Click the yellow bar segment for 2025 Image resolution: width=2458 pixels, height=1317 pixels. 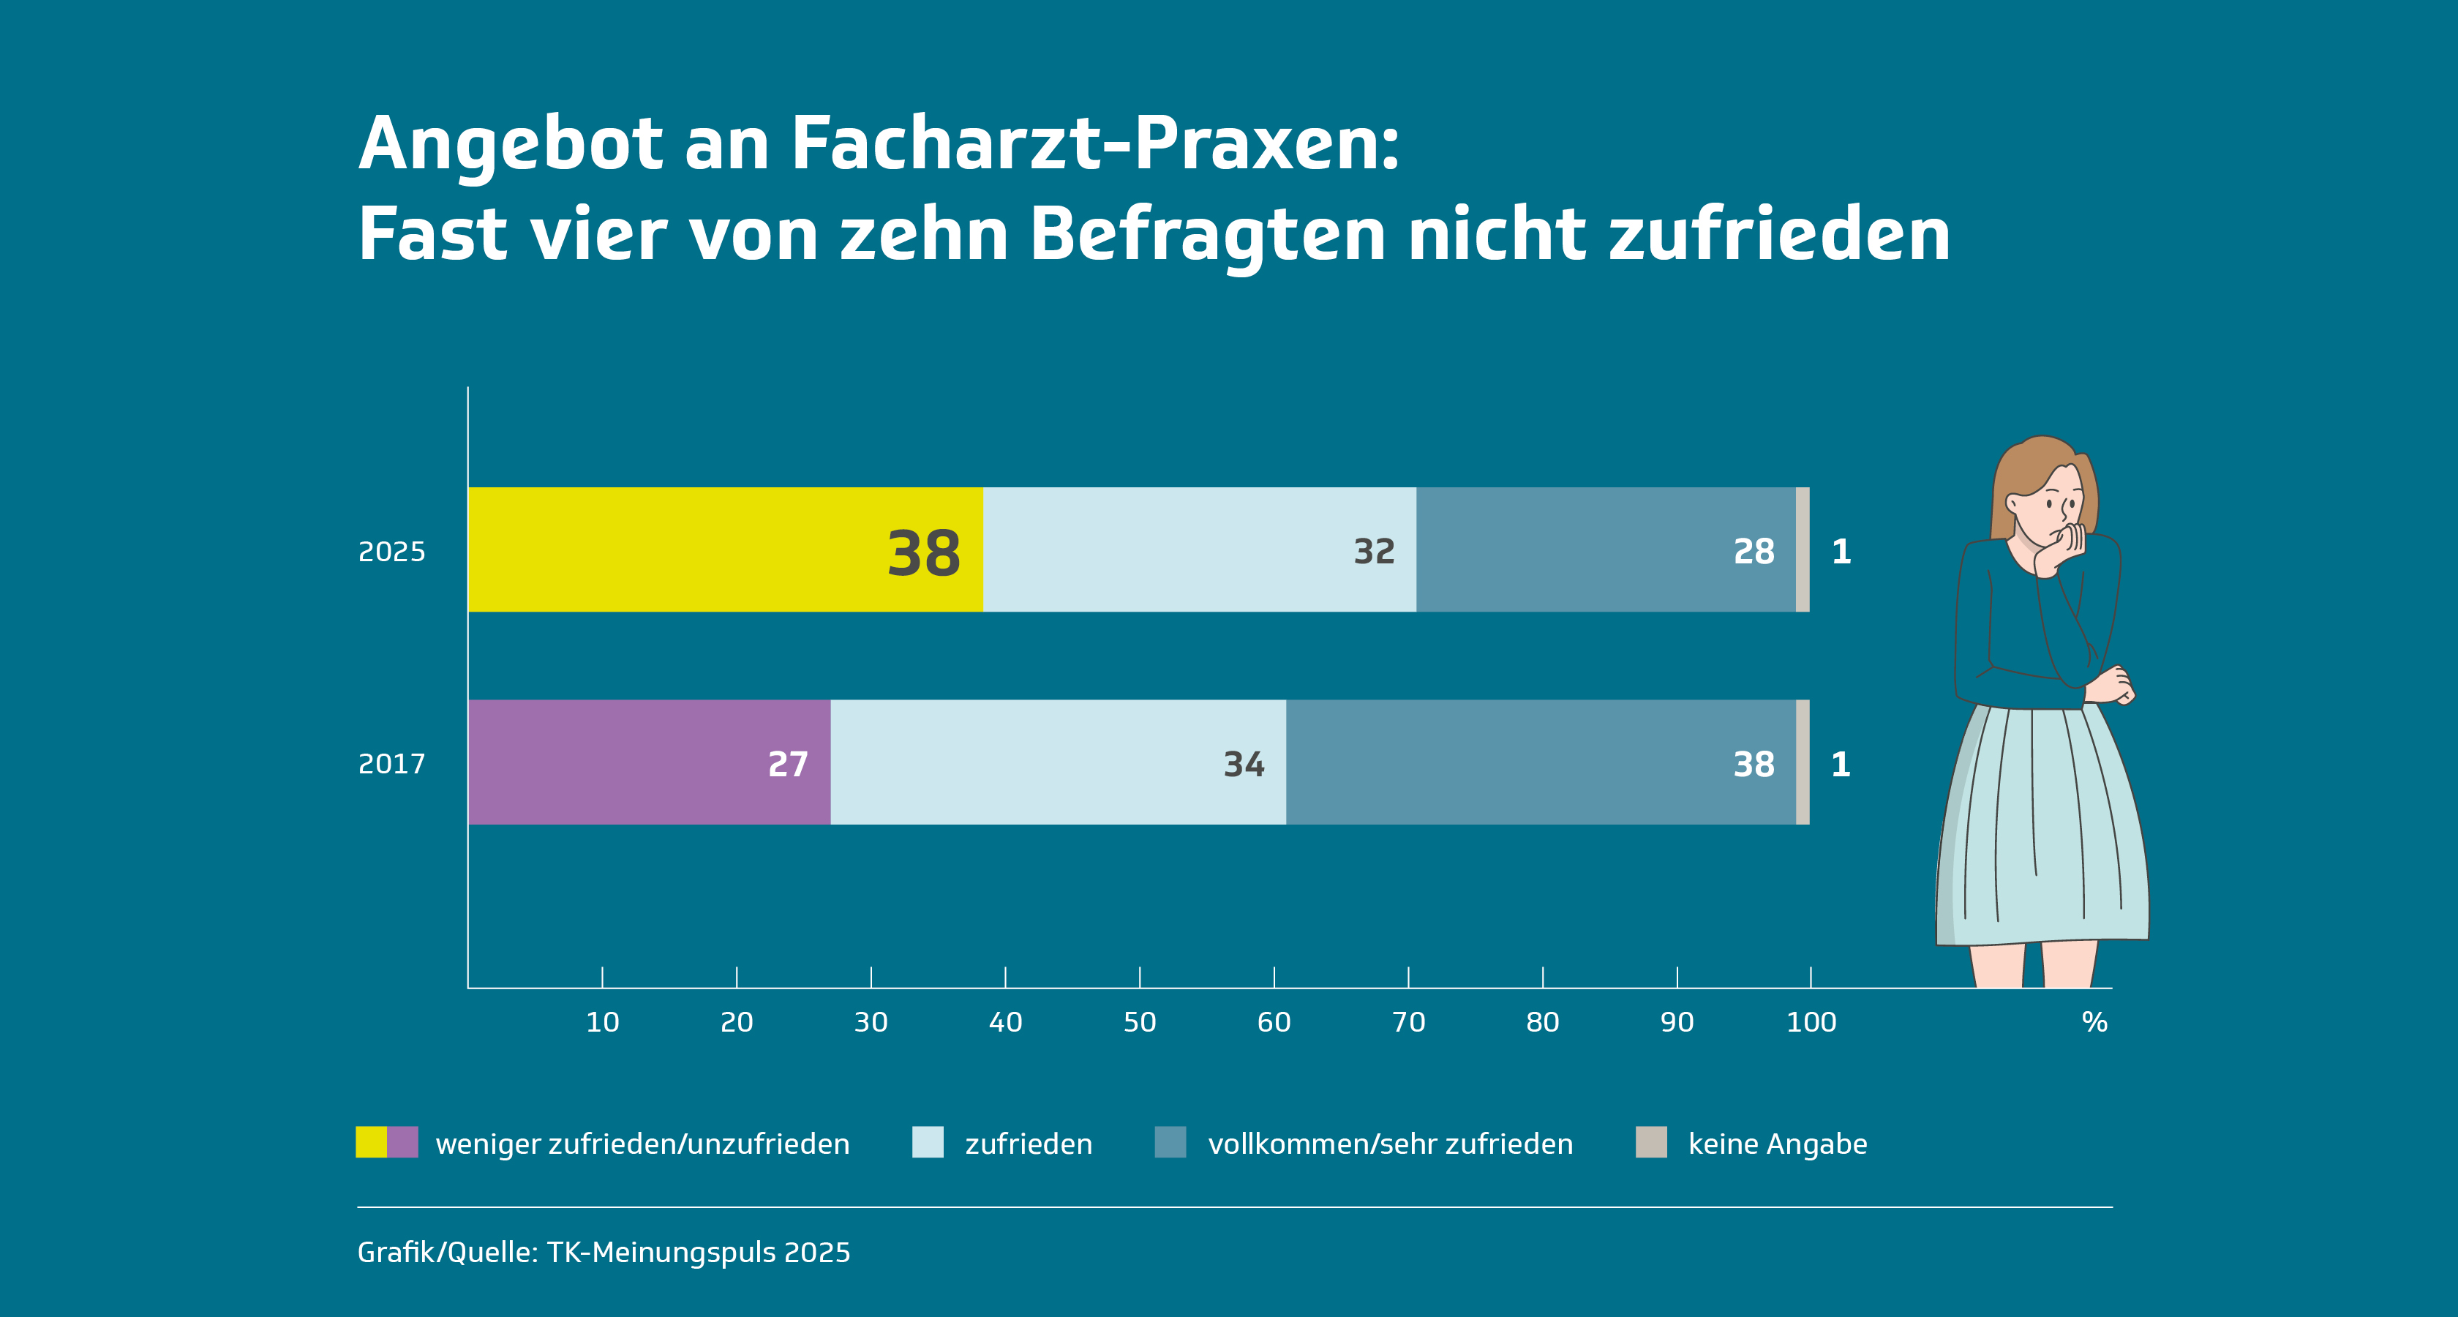click(x=725, y=549)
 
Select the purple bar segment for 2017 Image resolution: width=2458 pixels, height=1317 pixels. click(x=649, y=762)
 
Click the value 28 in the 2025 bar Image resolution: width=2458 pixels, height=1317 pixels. click(x=1754, y=552)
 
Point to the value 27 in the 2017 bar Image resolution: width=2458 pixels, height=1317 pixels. click(x=788, y=765)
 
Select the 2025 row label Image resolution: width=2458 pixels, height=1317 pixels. click(x=391, y=552)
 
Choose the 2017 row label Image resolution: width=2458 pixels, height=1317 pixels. click(x=391, y=765)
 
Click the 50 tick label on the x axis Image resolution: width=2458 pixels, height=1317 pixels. click(x=1139, y=1022)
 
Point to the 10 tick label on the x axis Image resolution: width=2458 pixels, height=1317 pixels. click(x=602, y=1022)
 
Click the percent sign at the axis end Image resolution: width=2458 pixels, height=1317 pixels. click(x=2094, y=1022)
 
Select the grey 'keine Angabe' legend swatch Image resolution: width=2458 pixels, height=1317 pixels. click(x=1651, y=1142)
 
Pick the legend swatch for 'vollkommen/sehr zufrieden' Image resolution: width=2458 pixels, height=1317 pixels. click(x=1170, y=1142)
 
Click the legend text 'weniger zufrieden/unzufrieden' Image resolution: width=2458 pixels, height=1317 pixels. click(x=642, y=1144)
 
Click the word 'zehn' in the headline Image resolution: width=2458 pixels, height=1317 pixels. click(x=924, y=235)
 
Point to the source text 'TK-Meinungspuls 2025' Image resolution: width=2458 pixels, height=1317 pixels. click(x=699, y=1252)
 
